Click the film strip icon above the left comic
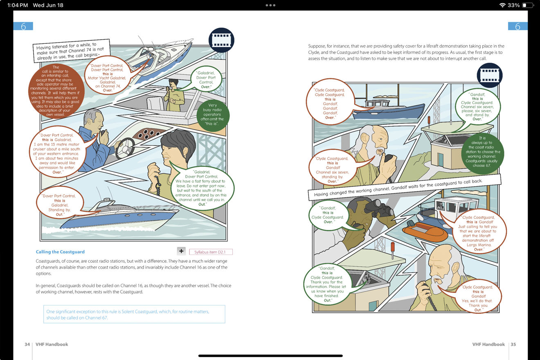(221, 40)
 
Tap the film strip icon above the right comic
(490, 75)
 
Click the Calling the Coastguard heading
(60, 252)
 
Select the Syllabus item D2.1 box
(211, 252)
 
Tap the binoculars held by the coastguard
(379, 208)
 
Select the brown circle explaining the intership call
(56, 90)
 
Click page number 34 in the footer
(27, 344)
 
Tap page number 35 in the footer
(513, 344)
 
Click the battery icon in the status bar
(528, 5)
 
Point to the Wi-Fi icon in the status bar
(502, 5)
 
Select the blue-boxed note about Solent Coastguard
(134, 314)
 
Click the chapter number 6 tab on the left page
(23, 26)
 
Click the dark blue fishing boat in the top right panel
(388, 110)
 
